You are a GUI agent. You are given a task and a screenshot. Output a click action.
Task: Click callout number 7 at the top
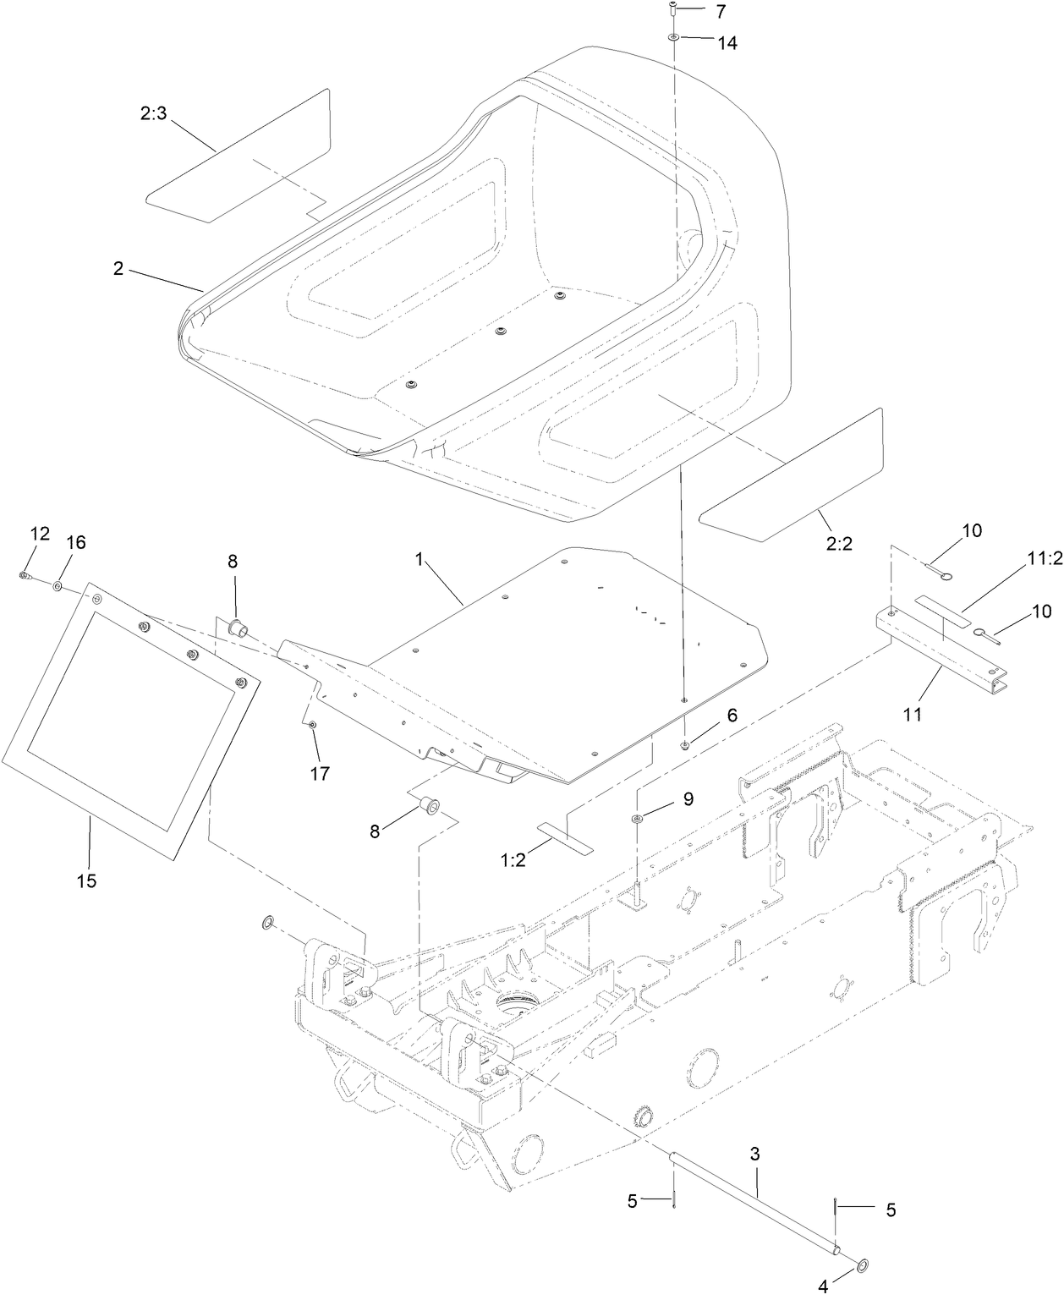[720, 12]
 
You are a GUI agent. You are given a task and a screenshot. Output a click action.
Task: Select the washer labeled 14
[673, 38]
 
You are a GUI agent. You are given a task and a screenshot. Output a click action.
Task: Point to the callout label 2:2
[838, 543]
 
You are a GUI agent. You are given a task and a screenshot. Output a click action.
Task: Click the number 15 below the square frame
[86, 880]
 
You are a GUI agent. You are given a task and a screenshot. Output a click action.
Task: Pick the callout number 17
[319, 772]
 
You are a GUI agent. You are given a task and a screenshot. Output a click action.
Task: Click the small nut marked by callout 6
[684, 744]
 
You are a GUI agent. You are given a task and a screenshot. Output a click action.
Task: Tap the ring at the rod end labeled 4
[862, 1265]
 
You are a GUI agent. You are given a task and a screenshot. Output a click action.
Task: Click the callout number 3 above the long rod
[754, 1153]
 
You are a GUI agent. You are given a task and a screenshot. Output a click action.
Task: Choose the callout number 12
[40, 533]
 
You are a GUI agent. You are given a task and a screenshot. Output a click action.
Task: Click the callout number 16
[76, 542]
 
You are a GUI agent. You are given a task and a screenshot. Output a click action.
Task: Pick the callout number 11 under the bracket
[911, 714]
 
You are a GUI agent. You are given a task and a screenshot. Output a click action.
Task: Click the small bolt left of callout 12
[25, 576]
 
